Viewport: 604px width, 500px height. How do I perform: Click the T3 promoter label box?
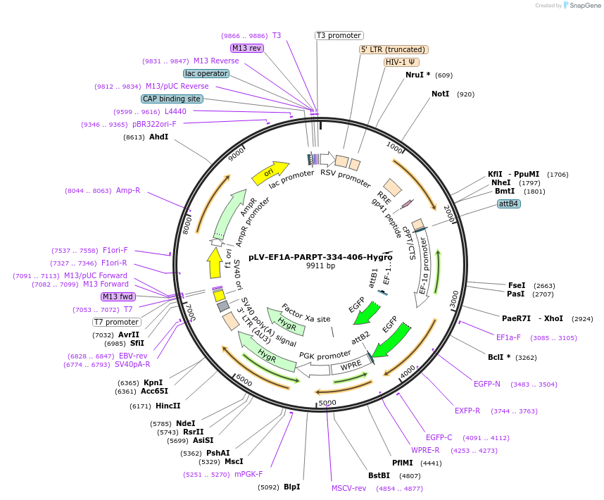coord(339,35)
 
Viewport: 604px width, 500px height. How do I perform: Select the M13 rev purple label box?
coord(246,48)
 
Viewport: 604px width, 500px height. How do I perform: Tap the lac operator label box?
coord(206,73)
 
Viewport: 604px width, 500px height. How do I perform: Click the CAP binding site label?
coord(172,99)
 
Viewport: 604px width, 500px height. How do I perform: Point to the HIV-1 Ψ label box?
coord(400,62)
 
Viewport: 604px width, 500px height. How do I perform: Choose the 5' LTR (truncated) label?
coord(394,49)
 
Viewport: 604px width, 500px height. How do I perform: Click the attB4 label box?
coord(508,204)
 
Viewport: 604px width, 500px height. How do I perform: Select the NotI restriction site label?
coord(440,94)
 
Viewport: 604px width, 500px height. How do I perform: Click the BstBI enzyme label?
coord(384,475)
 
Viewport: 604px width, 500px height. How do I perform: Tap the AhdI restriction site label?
coord(158,137)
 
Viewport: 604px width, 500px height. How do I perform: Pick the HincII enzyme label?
coord(168,406)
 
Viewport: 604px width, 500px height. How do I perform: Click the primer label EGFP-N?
coord(487,384)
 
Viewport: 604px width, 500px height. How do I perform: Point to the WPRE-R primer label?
coord(425,450)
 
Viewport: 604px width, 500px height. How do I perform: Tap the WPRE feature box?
coord(350,367)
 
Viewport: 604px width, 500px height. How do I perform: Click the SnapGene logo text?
coord(584,6)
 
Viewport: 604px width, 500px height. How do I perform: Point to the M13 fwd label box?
coord(118,296)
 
